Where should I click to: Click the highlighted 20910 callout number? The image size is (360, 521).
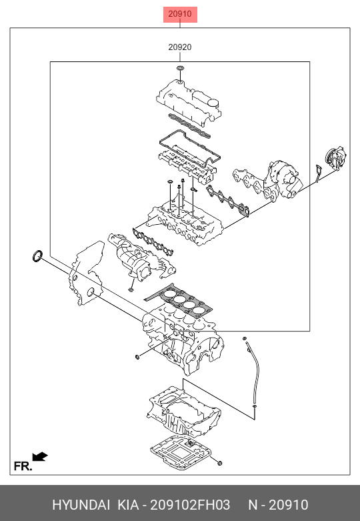coord(180,14)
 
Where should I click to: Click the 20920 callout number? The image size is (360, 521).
coord(180,47)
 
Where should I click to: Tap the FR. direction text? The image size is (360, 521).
coord(23,466)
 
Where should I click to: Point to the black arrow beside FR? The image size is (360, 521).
coord(40,456)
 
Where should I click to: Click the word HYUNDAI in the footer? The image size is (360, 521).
coord(81,505)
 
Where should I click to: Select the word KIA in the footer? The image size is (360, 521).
coord(128,505)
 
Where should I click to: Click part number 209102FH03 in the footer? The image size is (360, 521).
coord(190,505)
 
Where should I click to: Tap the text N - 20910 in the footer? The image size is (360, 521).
coord(278,505)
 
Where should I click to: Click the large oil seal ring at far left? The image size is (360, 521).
coord(37,256)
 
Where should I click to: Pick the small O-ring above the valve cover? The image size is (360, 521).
coord(180,68)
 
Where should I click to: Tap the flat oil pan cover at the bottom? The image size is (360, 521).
coord(181,452)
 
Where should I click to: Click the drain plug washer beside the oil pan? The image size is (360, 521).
coord(219,463)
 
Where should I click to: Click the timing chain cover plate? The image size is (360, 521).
coord(87,272)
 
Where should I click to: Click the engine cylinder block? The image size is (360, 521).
coord(183,339)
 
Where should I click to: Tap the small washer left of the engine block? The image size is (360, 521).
coord(137,357)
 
